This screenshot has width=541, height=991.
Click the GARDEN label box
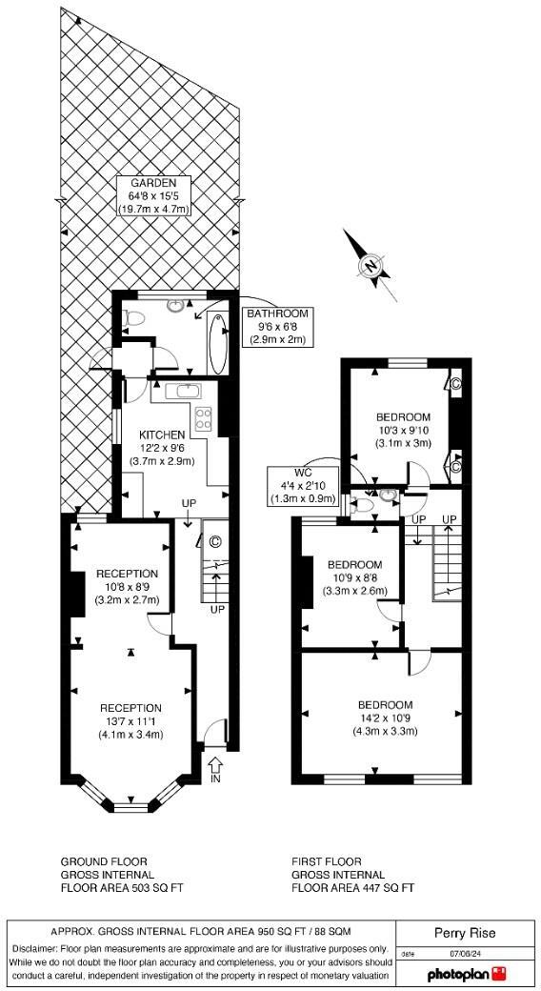coord(154,195)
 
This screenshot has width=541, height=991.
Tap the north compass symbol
coord(371,265)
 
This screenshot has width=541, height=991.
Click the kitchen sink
coord(185,390)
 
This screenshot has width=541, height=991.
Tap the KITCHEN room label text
coord(155,435)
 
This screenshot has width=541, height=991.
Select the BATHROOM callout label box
coord(277,327)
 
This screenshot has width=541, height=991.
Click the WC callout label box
coord(304,485)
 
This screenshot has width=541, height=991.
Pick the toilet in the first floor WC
coord(386,495)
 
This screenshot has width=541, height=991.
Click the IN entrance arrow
coord(214,768)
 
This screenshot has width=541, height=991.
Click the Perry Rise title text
coord(466,933)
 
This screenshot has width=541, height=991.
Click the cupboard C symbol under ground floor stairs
coord(214,541)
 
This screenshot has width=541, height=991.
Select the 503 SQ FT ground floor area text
coord(122,887)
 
